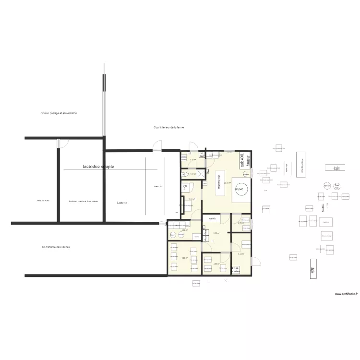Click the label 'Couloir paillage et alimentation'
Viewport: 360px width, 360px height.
point(59,113)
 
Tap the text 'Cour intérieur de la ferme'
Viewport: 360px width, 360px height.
point(168,127)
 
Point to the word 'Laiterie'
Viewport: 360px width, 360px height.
point(122,203)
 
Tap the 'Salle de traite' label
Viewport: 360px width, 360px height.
point(43,201)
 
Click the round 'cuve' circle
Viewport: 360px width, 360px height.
point(240,189)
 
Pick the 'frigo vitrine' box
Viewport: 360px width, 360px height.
point(236,270)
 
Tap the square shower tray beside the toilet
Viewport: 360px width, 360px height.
point(185,175)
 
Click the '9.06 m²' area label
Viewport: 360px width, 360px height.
point(185,258)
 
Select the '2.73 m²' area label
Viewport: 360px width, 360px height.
point(241,223)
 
